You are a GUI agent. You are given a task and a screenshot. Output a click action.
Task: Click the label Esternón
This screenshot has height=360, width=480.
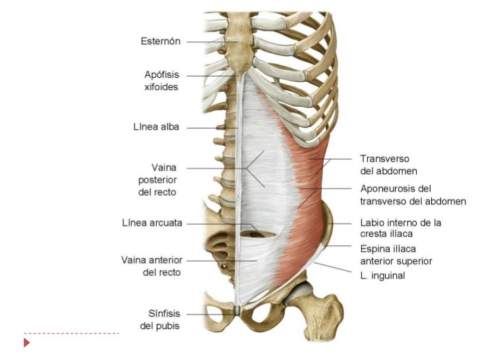point(161,41)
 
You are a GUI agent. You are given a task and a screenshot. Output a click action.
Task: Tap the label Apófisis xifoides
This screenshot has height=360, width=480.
point(161,80)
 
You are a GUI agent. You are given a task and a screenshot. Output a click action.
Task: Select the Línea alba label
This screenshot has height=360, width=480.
point(157,127)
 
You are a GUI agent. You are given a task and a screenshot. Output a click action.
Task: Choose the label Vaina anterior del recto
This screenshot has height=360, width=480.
point(152,266)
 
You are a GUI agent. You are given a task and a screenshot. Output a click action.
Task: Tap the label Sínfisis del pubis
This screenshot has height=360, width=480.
point(160,319)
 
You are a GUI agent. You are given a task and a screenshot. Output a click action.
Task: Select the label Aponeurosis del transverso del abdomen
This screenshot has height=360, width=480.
point(413,195)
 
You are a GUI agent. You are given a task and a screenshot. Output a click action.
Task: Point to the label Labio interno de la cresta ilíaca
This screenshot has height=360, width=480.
point(400,228)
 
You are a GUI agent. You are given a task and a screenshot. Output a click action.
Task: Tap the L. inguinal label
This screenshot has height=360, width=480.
point(382,276)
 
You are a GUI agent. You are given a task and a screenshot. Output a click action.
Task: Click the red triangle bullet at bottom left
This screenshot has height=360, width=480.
point(27,344)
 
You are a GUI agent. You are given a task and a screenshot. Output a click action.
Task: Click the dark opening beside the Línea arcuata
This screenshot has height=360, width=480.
point(249,231)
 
